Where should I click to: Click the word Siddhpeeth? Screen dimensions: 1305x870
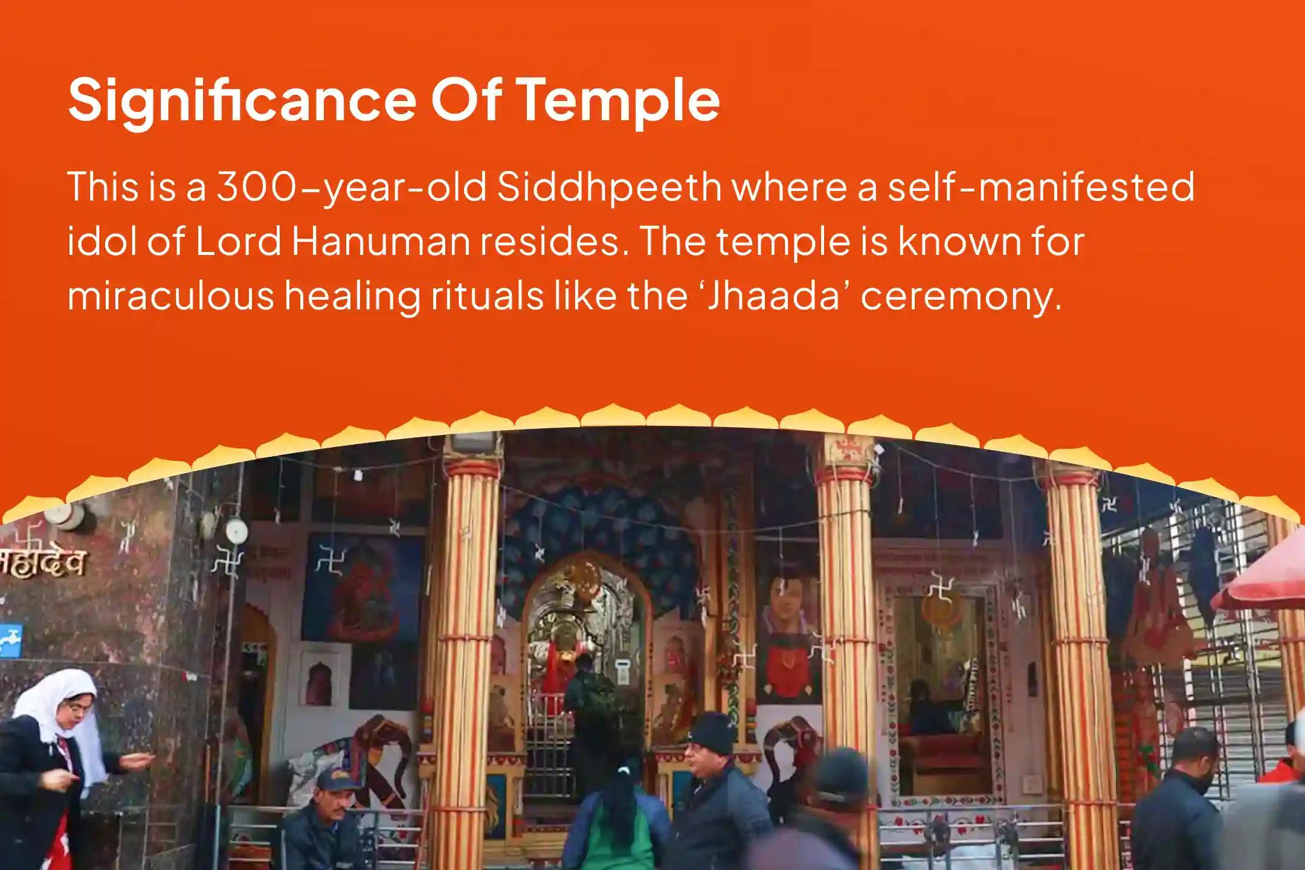click(x=610, y=187)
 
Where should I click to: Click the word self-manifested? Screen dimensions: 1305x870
click(x=1040, y=187)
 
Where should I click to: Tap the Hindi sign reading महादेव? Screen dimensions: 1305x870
click(x=42, y=565)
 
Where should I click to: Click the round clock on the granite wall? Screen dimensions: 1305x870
click(x=236, y=531)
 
